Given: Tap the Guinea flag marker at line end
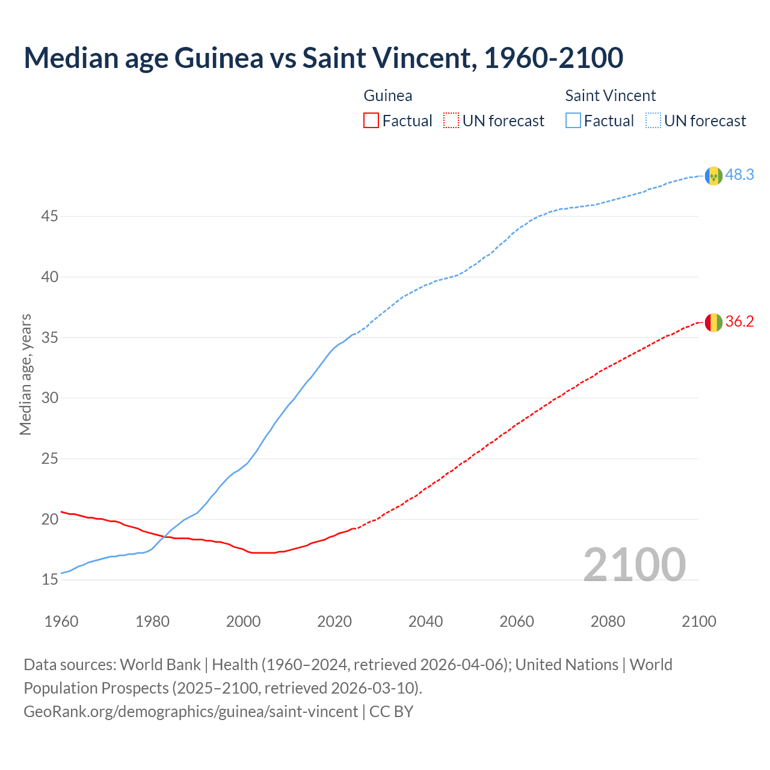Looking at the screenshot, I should pos(713,322).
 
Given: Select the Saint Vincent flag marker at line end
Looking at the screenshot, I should pos(713,176).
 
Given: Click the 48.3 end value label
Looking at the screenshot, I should pos(739,175).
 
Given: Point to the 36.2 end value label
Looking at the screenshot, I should pos(739,322).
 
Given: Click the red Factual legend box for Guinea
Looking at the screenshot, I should pos(371,121).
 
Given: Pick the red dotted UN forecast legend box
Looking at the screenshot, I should pos(451,121).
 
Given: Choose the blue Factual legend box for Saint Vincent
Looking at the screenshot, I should pos(573,121).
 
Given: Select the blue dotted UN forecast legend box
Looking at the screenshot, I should pos(653,121).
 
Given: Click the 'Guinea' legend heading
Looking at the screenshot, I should pos(388,96).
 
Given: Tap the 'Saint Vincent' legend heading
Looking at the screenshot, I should pos(610,96).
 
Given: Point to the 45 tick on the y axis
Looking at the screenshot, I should pos(49,216).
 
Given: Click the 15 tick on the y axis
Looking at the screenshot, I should pos(49,580).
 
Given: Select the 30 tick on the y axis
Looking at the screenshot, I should pos(49,398).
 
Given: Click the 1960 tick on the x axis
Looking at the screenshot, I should pos(61,621).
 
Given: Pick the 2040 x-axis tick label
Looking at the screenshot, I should pos(425,621).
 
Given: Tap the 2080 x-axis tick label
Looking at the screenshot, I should pos(608,621).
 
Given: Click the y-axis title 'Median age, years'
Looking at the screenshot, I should pos(25,374).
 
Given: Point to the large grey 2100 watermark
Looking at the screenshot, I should pos(634,564).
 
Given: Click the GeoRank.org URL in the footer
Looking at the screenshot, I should pos(191,712).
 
